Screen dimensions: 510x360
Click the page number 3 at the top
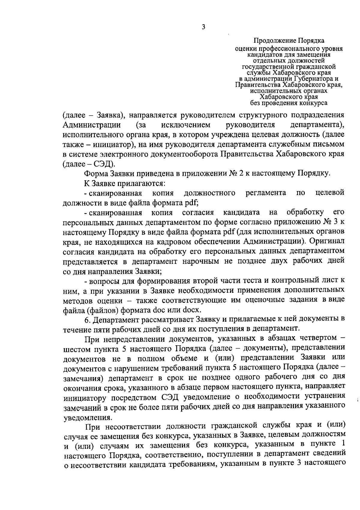point(204,27)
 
